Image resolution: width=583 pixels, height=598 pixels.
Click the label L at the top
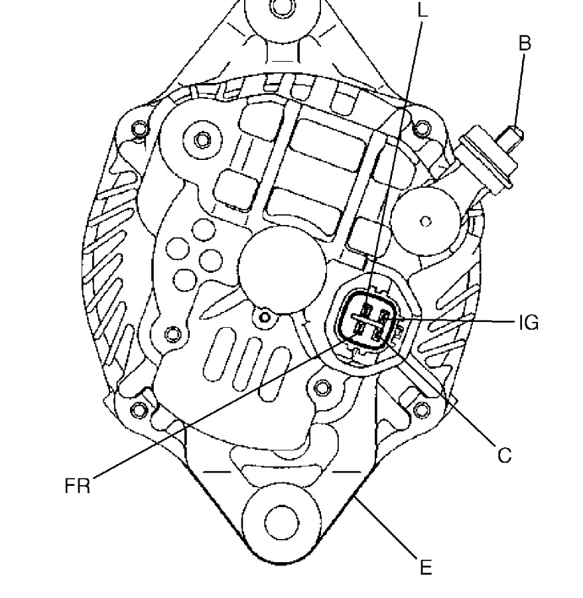tap(422, 11)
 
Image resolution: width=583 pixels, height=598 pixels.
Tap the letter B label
tap(525, 43)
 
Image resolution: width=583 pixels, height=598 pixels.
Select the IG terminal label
tap(529, 323)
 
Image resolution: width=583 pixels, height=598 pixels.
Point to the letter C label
tap(505, 455)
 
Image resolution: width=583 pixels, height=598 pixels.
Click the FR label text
tap(78, 486)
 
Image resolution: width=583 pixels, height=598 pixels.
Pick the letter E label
tap(426, 567)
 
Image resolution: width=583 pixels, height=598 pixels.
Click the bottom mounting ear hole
tap(281, 522)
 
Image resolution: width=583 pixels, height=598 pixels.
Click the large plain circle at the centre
tap(283, 269)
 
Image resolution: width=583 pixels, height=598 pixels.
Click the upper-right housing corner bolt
tap(421, 127)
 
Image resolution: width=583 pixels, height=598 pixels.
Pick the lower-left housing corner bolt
tap(139, 410)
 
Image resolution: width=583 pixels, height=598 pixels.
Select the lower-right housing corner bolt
tap(421, 410)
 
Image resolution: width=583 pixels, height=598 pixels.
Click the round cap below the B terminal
tap(425, 221)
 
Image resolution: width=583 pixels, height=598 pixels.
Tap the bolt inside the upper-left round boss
tap(202, 139)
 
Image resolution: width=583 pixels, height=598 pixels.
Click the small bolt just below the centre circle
tap(265, 317)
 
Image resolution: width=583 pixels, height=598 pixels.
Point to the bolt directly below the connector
tap(322, 388)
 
